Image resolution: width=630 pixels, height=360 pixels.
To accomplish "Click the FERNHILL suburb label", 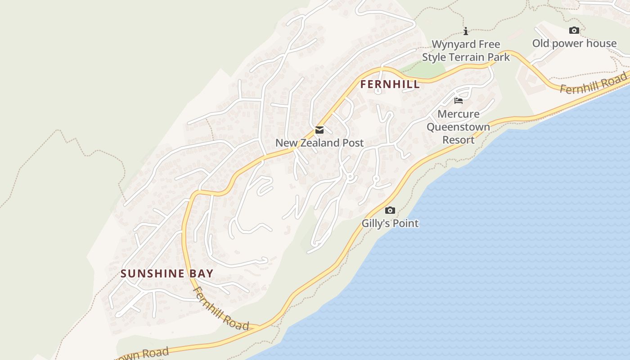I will click(x=390, y=84).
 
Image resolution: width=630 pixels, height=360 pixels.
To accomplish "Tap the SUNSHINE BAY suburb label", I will click(x=167, y=274).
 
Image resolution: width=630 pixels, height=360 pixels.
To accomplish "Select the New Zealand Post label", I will click(x=319, y=143).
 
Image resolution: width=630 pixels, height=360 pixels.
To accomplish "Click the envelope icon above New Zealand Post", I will click(x=319, y=130).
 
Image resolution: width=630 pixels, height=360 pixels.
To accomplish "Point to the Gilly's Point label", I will click(x=390, y=223).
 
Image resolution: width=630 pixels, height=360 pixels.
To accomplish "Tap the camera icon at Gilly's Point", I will click(x=390, y=210).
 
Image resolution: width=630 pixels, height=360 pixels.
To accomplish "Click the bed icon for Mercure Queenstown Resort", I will click(x=459, y=100).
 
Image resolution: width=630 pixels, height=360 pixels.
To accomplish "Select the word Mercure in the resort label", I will click(x=458, y=114).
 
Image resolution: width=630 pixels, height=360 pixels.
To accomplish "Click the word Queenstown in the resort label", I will click(x=458, y=127).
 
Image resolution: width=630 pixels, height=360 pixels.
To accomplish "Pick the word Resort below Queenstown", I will click(x=458, y=140).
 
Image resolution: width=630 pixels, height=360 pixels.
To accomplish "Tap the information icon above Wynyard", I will click(x=466, y=31).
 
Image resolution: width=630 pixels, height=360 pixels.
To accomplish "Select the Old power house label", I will click(x=574, y=44).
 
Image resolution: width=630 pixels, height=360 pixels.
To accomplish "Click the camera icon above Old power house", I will click(x=574, y=30).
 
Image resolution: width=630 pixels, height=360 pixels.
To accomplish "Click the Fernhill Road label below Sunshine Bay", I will click(x=220, y=309).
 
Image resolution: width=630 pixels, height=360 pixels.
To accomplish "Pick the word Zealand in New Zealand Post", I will click(x=319, y=143).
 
